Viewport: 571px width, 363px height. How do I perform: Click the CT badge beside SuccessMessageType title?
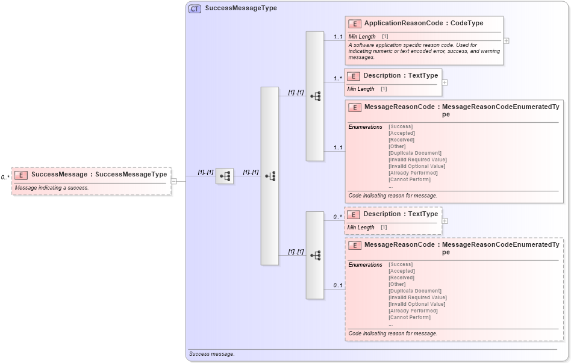(x=195, y=8)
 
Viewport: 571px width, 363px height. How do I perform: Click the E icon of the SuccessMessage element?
(x=21, y=175)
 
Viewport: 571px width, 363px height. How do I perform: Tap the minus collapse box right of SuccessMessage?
(x=173, y=181)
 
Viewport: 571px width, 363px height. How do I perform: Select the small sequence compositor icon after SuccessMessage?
(x=225, y=176)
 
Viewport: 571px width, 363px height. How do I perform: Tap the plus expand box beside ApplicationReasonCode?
(x=506, y=41)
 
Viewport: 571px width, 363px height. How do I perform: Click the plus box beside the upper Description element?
(x=445, y=82)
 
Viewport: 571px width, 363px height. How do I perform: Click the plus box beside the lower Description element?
(x=445, y=221)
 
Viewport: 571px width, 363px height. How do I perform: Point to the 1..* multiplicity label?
(x=338, y=78)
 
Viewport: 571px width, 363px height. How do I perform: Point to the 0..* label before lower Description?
(x=338, y=217)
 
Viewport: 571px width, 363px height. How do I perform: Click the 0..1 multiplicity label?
(x=338, y=285)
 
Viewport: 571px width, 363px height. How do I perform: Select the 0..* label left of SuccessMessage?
(x=5, y=178)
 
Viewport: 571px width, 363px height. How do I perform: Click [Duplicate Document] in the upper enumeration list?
(x=415, y=153)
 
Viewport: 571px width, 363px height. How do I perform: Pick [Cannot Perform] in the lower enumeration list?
(x=410, y=317)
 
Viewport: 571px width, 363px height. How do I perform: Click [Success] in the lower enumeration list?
(x=401, y=264)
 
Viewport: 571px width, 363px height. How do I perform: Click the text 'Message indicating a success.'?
(x=52, y=188)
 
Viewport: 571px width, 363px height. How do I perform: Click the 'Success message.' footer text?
(x=211, y=354)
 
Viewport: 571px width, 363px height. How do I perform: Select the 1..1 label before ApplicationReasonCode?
(x=338, y=37)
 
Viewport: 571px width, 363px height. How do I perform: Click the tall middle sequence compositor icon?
(x=270, y=176)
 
